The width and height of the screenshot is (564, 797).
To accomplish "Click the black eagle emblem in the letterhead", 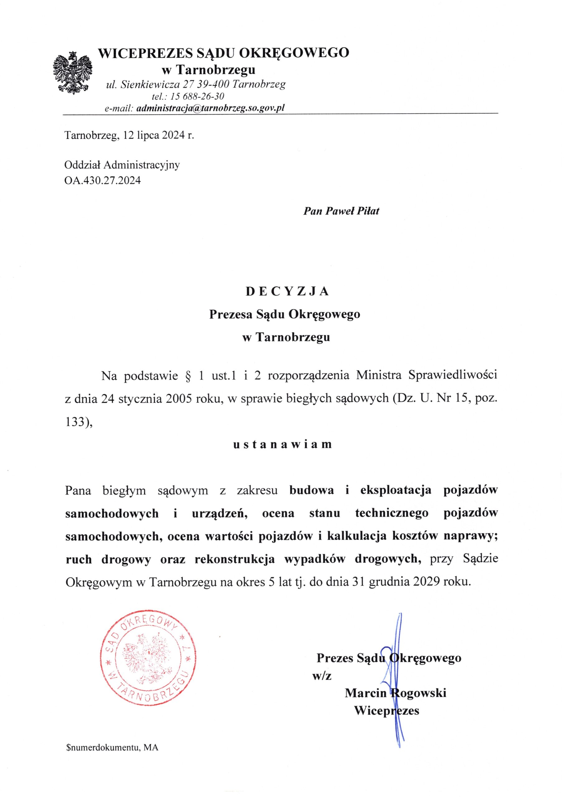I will pyautogui.click(x=73, y=73).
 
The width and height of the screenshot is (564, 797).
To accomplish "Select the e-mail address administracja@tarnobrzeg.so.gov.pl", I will pyautogui.click(x=211, y=108).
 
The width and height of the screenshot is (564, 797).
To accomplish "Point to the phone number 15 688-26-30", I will pyautogui.click(x=197, y=96).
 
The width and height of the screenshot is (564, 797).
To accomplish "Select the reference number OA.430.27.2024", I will pyautogui.click(x=102, y=181).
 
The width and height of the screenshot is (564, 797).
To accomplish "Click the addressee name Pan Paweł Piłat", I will pyautogui.click(x=341, y=211).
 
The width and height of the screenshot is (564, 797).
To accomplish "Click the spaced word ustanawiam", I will pyautogui.click(x=282, y=445).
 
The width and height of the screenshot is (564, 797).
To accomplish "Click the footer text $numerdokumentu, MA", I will pyautogui.click(x=112, y=745).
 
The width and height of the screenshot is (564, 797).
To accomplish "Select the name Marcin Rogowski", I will pyautogui.click(x=395, y=693).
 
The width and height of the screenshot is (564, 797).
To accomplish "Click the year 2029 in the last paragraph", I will pyautogui.click(x=426, y=582).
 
